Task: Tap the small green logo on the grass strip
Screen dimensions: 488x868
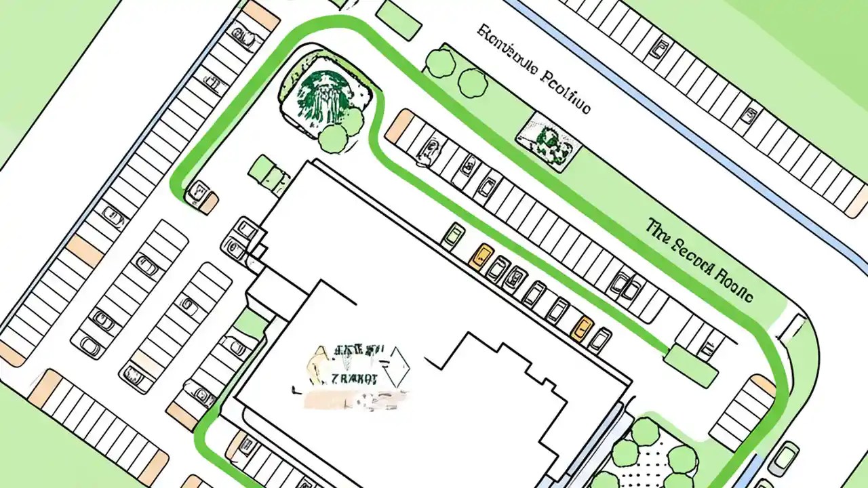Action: point(547,142)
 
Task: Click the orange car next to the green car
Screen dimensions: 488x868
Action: point(482,256)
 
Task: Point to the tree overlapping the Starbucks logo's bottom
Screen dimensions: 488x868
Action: point(333,138)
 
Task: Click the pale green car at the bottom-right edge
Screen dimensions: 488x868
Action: point(785,458)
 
